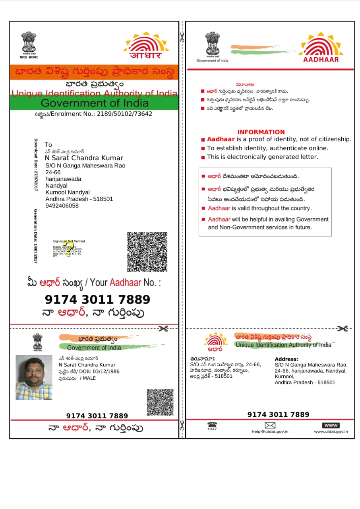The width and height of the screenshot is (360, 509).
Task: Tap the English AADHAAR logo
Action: pos(321,48)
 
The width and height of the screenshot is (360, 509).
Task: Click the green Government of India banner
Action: pos(94,103)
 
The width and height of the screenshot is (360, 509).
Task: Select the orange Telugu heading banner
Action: pos(94,72)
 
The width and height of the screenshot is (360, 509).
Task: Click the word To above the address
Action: pos(48,145)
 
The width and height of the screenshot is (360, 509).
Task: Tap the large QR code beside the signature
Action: pos(147,252)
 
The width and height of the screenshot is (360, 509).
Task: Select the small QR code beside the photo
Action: pos(160,402)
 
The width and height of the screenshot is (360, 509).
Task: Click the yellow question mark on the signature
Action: pos(70,249)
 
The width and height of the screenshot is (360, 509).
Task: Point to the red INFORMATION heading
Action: pos(261,132)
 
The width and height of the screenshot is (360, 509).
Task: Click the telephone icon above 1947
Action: pos(212,425)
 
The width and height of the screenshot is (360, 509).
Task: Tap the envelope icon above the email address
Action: pos(270,425)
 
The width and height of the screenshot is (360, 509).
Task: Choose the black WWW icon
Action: pos(331,425)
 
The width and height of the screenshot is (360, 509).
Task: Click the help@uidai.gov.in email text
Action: pos(270,431)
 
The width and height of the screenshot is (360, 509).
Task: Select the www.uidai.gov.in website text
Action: pos(331,431)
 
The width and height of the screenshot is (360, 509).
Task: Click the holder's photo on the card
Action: pos(34,377)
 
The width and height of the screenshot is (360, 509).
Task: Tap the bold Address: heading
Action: pos(286,359)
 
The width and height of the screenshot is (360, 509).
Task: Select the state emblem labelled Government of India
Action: pos(212,45)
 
